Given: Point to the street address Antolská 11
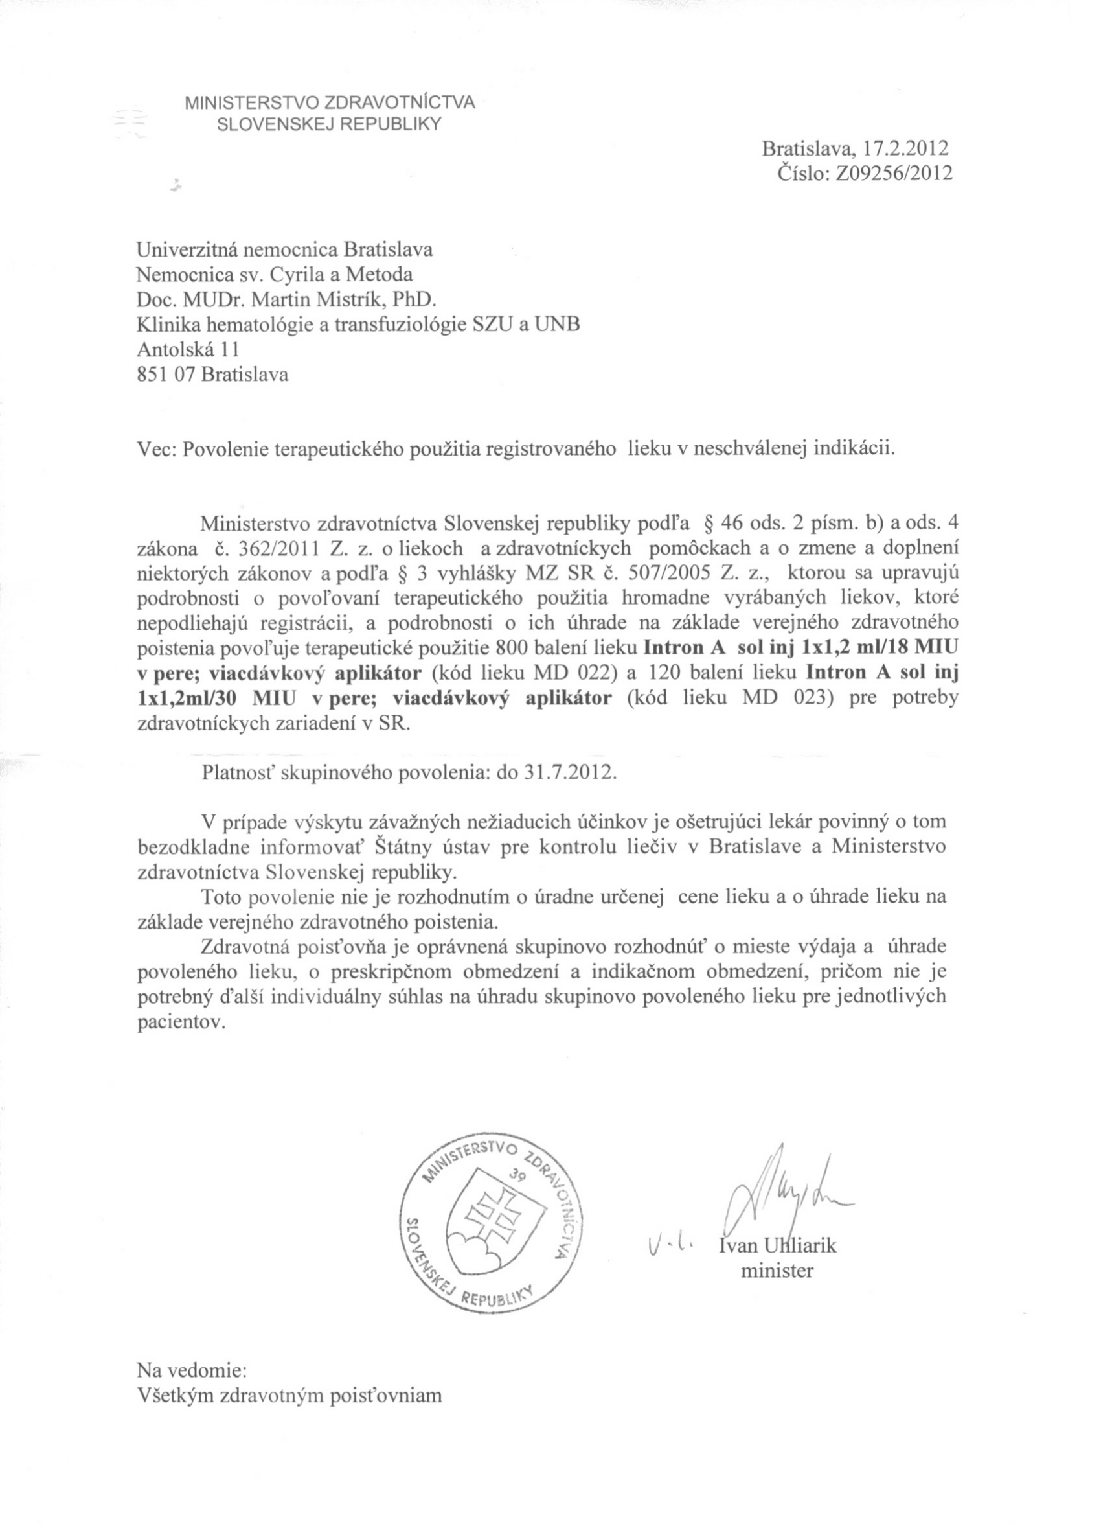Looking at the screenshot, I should pyautogui.click(x=187, y=349).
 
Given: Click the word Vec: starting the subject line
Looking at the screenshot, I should pyautogui.click(x=156, y=448).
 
